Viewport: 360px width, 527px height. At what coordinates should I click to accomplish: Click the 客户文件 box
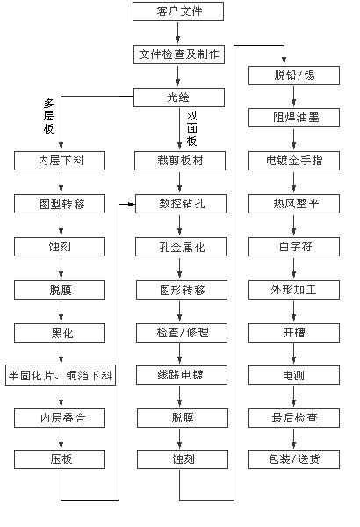pyautogui.click(x=178, y=11)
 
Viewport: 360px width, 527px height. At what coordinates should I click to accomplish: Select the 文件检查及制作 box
pyautogui.click(x=179, y=54)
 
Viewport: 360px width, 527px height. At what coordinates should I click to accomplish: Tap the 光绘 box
pyautogui.click(x=179, y=97)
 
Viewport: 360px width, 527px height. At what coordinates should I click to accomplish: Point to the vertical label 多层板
pyautogui.click(x=49, y=116)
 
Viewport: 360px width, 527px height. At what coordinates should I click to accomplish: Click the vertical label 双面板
pyautogui.click(x=192, y=128)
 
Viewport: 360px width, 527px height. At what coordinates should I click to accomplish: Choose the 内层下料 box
pyautogui.click(x=60, y=161)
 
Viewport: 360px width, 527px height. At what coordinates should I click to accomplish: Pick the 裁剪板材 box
pyautogui.click(x=180, y=161)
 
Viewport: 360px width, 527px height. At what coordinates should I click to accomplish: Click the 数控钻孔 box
pyautogui.click(x=181, y=204)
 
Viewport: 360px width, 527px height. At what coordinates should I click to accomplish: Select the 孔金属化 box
pyautogui.click(x=181, y=247)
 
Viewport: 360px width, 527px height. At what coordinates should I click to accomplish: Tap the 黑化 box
pyautogui.click(x=60, y=333)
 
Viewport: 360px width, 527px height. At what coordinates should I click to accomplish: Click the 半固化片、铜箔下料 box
pyautogui.click(x=61, y=375)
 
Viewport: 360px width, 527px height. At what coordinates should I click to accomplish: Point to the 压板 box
pyautogui.click(x=60, y=459)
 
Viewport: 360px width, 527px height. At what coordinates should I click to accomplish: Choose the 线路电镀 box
pyautogui.click(x=182, y=375)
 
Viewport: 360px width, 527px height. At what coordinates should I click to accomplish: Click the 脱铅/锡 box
pyautogui.click(x=294, y=76)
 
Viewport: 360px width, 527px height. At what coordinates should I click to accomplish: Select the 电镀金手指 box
pyautogui.click(x=294, y=161)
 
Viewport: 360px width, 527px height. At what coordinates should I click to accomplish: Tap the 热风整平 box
pyautogui.click(x=294, y=204)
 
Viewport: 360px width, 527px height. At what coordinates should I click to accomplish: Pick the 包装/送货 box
pyautogui.click(x=294, y=459)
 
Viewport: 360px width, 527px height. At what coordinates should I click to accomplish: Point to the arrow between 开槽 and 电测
pyautogui.click(x=294, y=353)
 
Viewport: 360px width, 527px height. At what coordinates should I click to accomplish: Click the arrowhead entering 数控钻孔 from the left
pyautogui.click(x=131, y=204)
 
